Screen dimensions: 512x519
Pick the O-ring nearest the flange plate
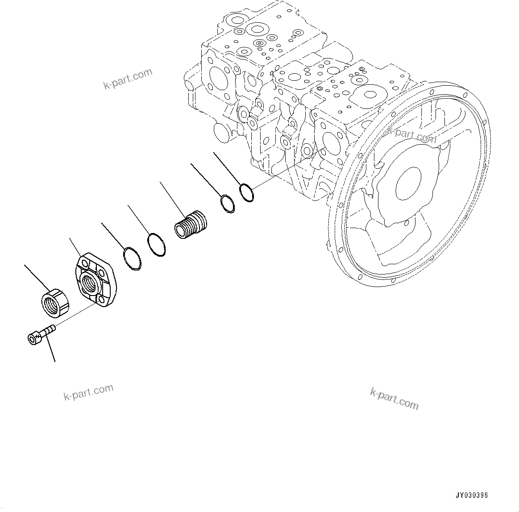point(132,259)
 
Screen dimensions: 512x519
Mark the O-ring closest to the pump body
point(246,192)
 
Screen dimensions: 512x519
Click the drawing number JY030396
point(472,495)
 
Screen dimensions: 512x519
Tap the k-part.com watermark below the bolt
point(88,393)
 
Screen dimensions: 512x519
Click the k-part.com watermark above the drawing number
point(394,398)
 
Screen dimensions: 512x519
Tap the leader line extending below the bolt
point(50,348)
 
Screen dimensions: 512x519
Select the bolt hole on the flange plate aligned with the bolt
point(100,302)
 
